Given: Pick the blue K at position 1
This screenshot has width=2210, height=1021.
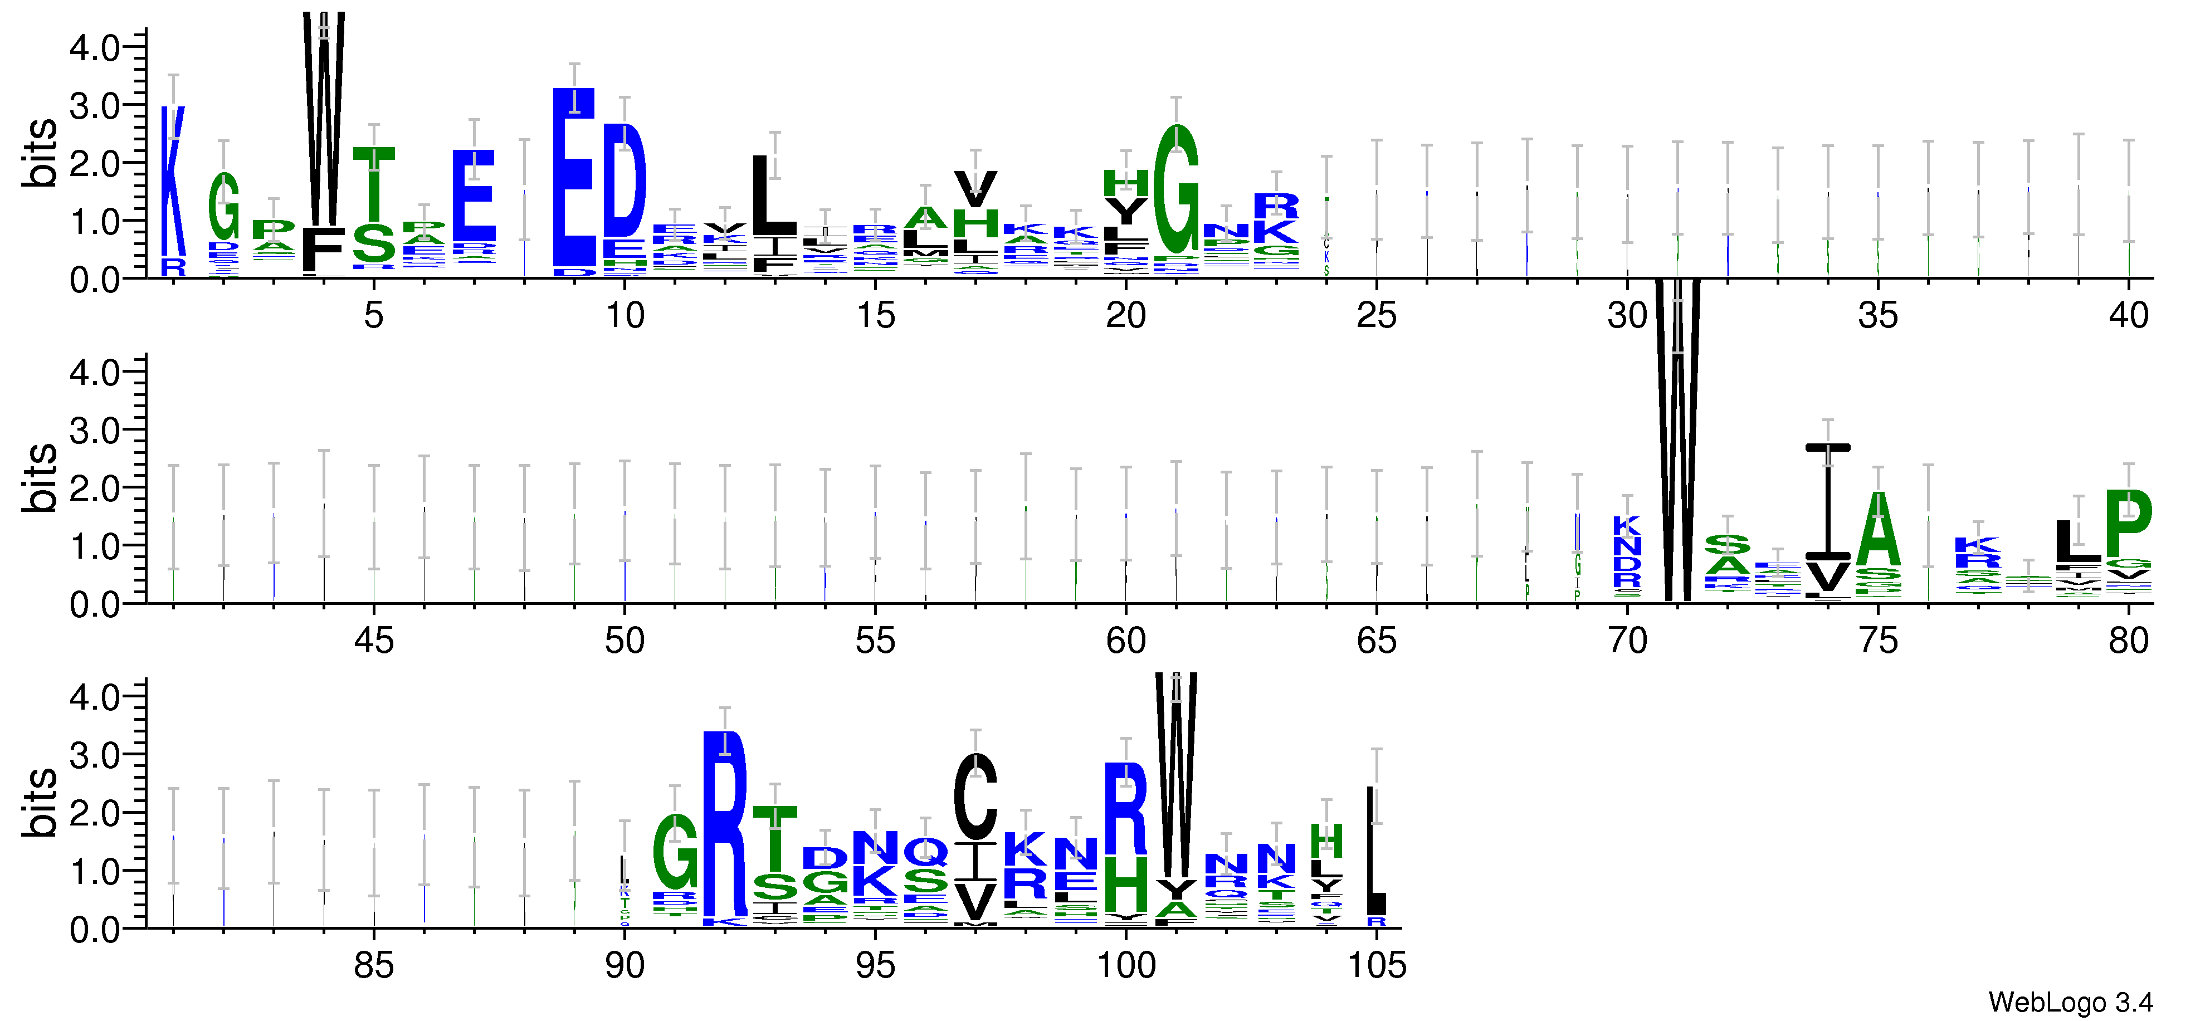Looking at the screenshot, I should click(173, 180).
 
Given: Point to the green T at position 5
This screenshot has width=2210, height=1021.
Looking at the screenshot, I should click(374, 184).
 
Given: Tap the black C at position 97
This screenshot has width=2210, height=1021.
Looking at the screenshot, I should click(975, 796).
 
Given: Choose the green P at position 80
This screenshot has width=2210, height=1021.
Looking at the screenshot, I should click(2129, 524).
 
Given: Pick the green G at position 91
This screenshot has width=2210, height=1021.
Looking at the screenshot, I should click(675, 852).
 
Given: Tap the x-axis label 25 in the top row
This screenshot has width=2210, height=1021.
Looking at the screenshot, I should click(1376, 316).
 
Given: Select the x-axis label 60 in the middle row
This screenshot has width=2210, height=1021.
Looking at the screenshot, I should click(1125, 641).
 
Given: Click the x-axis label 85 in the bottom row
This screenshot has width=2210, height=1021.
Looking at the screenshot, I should click(374, 966).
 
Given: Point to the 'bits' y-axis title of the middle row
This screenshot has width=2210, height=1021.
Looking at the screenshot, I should click(40, 478).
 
